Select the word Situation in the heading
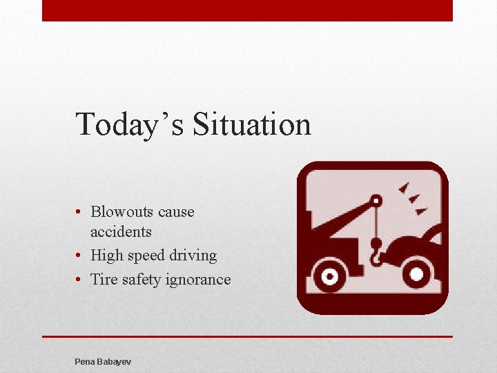click(252, 125)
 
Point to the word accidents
click(121, 231)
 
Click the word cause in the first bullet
click(176, 212)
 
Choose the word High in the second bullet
click(107, 256)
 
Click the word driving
click(194, 256)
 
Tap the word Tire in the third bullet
click(104, 280)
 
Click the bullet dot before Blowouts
click(81, 212)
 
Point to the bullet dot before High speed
click(81, 256)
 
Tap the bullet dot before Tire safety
click(81, 280)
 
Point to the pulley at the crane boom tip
click(375, 201)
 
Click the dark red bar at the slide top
click(247, 10)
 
